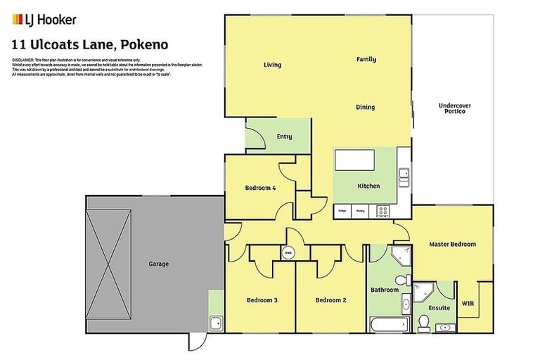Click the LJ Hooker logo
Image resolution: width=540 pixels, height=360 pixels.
(44, 20)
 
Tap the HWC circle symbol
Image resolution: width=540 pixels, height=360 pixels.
(288, 253)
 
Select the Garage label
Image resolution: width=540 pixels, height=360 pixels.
(158, 264)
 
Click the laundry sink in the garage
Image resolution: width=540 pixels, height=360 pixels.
(217, 323)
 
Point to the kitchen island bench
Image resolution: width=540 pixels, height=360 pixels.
(357, 161)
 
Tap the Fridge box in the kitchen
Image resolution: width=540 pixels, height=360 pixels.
(342, 210)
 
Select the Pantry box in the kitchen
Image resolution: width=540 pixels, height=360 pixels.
(360, 210)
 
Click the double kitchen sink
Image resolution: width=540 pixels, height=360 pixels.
(404, 174)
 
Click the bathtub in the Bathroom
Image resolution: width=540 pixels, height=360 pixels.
(388, 323)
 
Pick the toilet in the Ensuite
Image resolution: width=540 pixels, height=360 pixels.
(423, 322)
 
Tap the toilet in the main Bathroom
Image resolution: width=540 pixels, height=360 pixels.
(401, 281)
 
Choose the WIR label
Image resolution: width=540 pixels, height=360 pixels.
(468, 304)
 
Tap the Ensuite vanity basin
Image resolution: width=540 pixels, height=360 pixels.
(445, 328)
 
